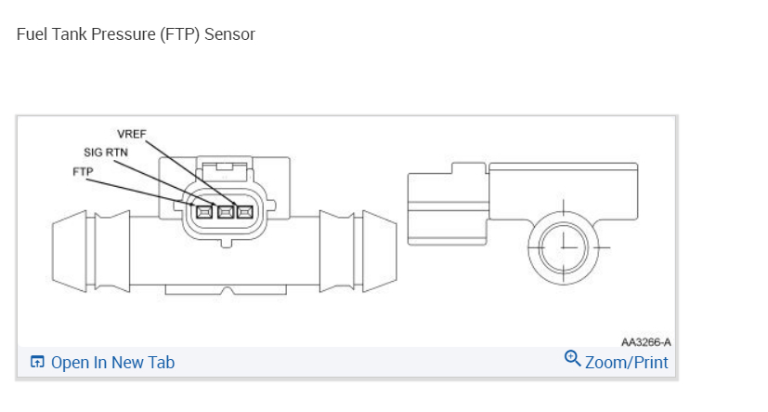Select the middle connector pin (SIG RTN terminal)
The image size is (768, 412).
[225, 212]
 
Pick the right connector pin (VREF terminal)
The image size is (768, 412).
[245, 212]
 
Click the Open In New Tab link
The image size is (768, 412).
[112, 363]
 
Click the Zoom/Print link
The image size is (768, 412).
[626, 362]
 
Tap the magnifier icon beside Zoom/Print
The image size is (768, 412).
[573, 359]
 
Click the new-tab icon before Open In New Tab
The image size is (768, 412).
[37, 363]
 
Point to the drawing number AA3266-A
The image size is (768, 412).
[646, 342]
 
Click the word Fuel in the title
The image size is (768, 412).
[32, 34]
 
